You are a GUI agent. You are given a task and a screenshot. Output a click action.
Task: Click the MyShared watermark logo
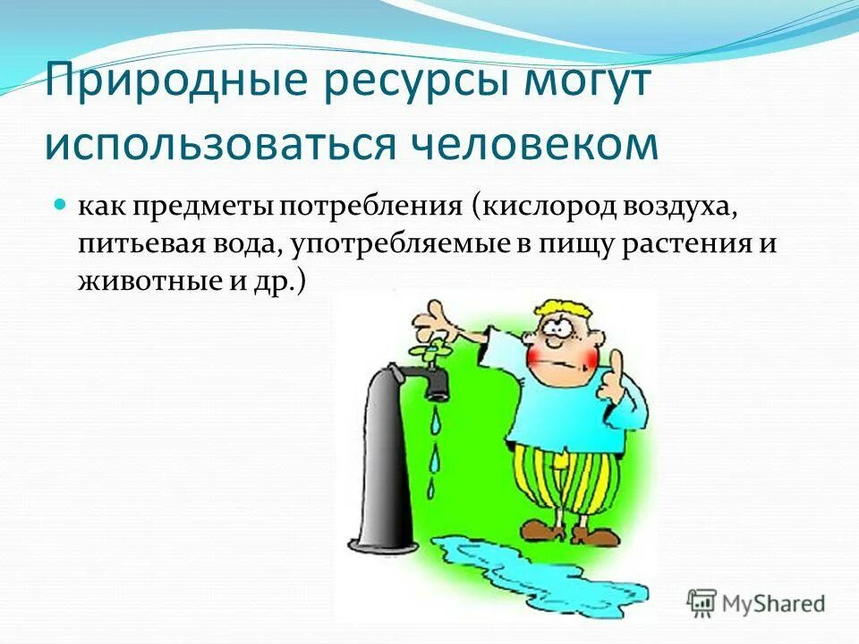pos(756,603)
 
